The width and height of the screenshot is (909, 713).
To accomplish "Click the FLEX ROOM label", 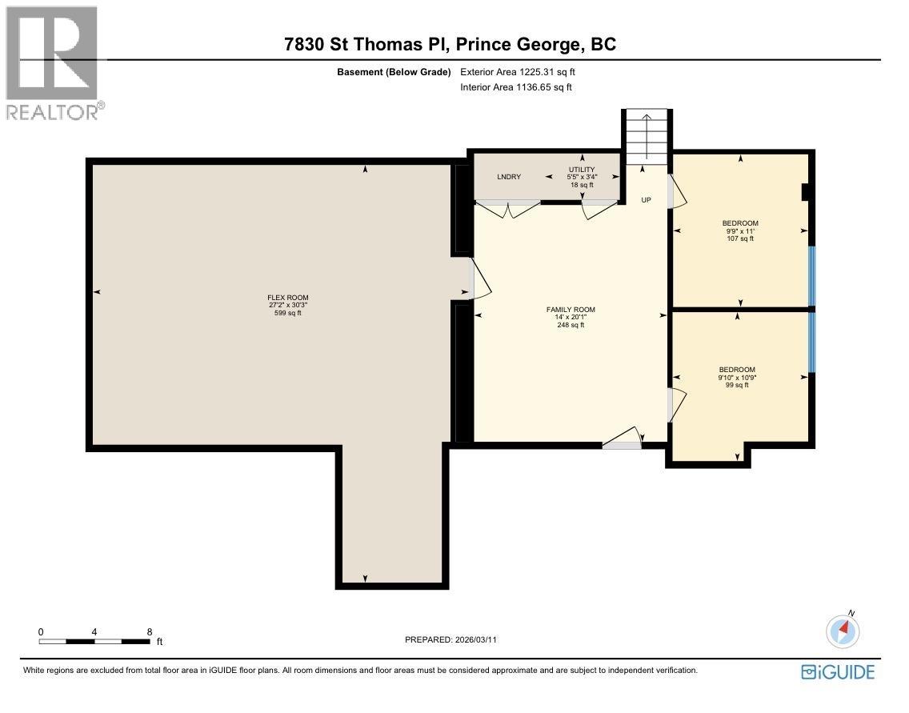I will point(288,305).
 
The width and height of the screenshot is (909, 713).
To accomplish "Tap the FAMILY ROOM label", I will point(571,317).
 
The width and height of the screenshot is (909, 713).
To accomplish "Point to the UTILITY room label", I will point(582,177).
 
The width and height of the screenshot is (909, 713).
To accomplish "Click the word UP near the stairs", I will point(647,200).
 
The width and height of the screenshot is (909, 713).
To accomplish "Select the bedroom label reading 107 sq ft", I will point(740,230).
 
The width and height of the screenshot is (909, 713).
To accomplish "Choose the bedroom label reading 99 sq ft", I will point(737,377).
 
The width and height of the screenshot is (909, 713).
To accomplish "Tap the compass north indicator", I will point(843,630).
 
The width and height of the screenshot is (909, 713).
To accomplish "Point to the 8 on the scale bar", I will point(150,631).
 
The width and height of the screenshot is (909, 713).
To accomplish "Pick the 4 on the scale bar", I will point(94,631).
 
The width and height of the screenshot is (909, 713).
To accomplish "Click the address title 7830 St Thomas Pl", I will point(450,45).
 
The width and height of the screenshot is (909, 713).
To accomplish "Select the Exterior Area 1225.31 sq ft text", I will point(518,72).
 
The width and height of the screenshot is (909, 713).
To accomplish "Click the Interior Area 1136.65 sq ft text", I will point(516,88).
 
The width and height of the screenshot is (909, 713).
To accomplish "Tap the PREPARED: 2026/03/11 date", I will point(456,639).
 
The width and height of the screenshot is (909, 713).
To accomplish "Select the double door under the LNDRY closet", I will point(508,210).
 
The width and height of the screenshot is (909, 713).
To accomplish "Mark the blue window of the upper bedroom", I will point(811,276).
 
